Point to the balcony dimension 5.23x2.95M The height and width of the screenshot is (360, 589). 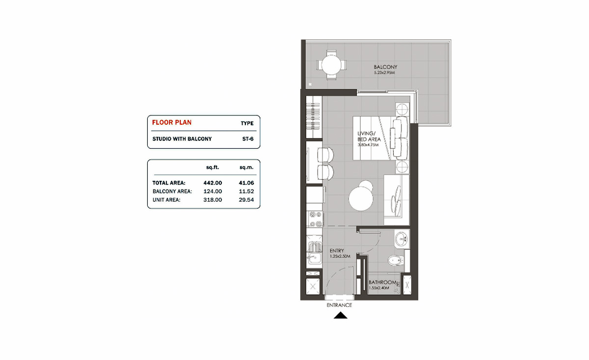(x=384, y=73)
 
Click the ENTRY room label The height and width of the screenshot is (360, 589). (x=337, y=250)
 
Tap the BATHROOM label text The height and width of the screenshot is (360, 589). (x=382, y=282)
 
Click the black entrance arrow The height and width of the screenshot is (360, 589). (x=340, y=316)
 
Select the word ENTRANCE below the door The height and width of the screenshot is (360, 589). (x=339, y=305)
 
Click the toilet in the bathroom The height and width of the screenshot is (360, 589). (x=396, y=260)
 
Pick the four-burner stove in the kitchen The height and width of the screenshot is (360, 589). (x=314, y=219)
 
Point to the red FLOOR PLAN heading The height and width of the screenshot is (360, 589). (x=172, y=122)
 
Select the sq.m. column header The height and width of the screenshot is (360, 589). (x=246, y=167)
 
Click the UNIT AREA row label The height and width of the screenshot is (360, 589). (x=166, y=200)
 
